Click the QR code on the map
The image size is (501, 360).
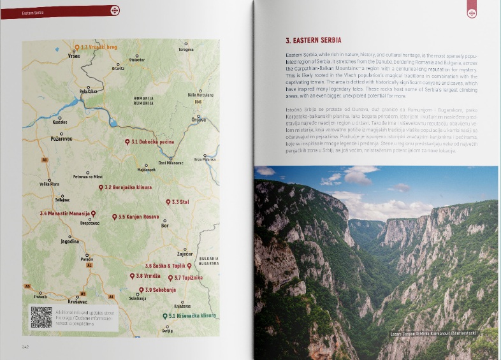point(41,317)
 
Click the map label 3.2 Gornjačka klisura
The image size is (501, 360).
point(128,188)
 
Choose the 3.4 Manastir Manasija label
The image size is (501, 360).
point(66,213)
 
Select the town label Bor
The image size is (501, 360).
point(165,226)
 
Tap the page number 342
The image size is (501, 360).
point(26,347)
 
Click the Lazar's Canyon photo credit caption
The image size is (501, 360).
point(433,333)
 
